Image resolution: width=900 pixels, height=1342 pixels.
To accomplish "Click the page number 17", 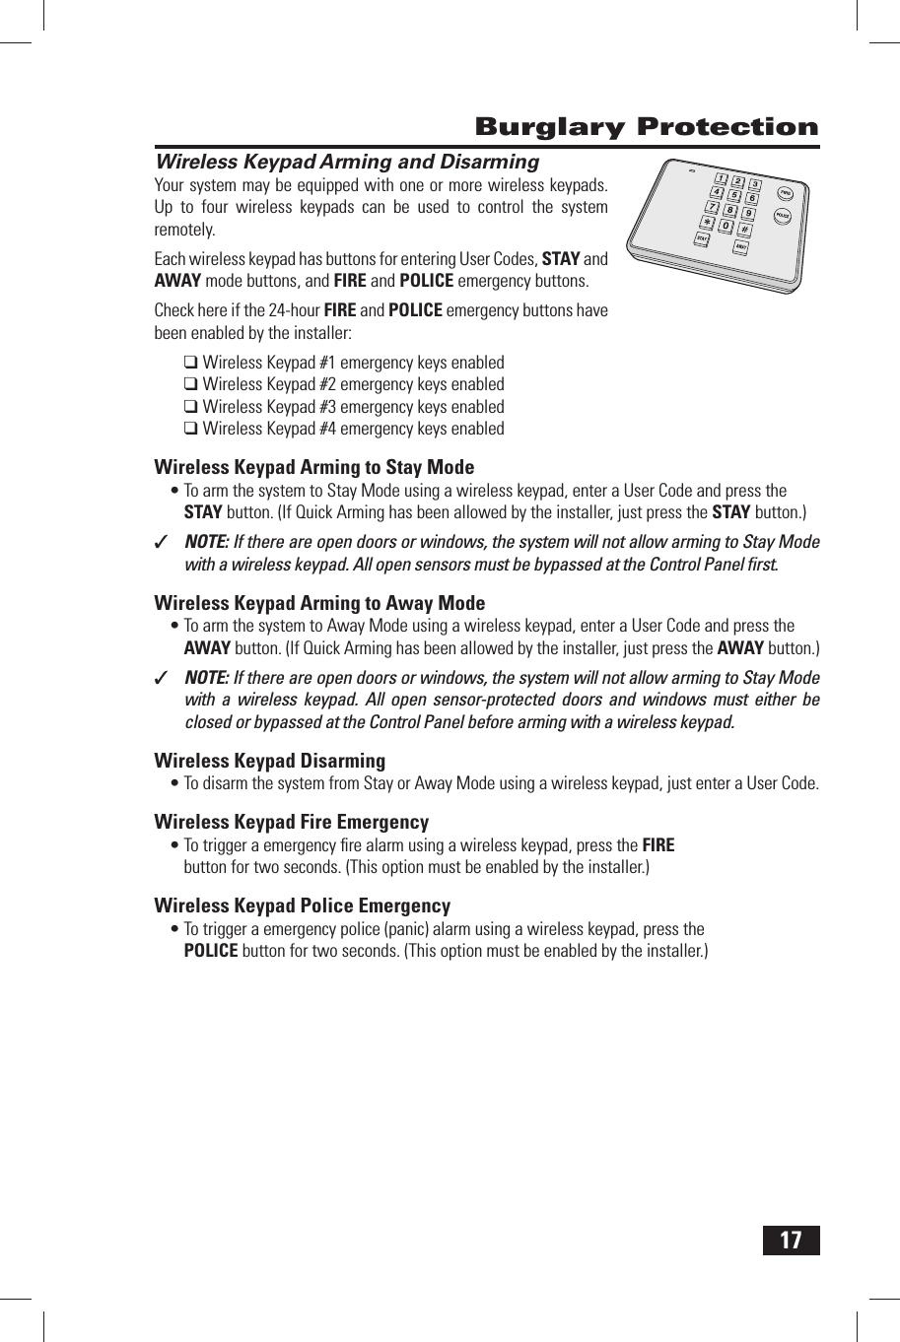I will coord(791,1240).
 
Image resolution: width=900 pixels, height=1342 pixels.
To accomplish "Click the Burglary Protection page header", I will coord(646,127).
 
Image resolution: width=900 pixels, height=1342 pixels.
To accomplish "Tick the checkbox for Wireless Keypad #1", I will coord(191,363).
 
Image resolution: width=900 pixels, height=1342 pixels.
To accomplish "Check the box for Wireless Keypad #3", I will coord(191,407).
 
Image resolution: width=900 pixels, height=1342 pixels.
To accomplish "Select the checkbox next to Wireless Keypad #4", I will coord(191,429).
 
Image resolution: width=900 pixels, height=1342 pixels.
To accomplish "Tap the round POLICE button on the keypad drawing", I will coord(782,215).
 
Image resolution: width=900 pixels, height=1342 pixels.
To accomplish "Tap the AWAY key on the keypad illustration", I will coord(740,246).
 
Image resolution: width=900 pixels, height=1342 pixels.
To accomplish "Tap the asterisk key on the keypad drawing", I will coord(707,223).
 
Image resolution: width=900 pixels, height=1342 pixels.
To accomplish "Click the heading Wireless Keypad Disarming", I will coord(269,761).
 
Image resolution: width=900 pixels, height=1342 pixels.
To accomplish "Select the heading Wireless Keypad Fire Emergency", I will coord(291,822).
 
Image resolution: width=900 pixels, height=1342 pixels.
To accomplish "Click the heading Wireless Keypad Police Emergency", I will coord(302,906).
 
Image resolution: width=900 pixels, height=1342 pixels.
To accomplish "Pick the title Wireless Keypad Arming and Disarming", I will coord(347,162).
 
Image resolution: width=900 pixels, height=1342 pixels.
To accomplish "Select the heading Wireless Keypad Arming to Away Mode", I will coord(319,603).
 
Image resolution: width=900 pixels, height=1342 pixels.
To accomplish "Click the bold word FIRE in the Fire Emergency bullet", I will coord(658,845).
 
